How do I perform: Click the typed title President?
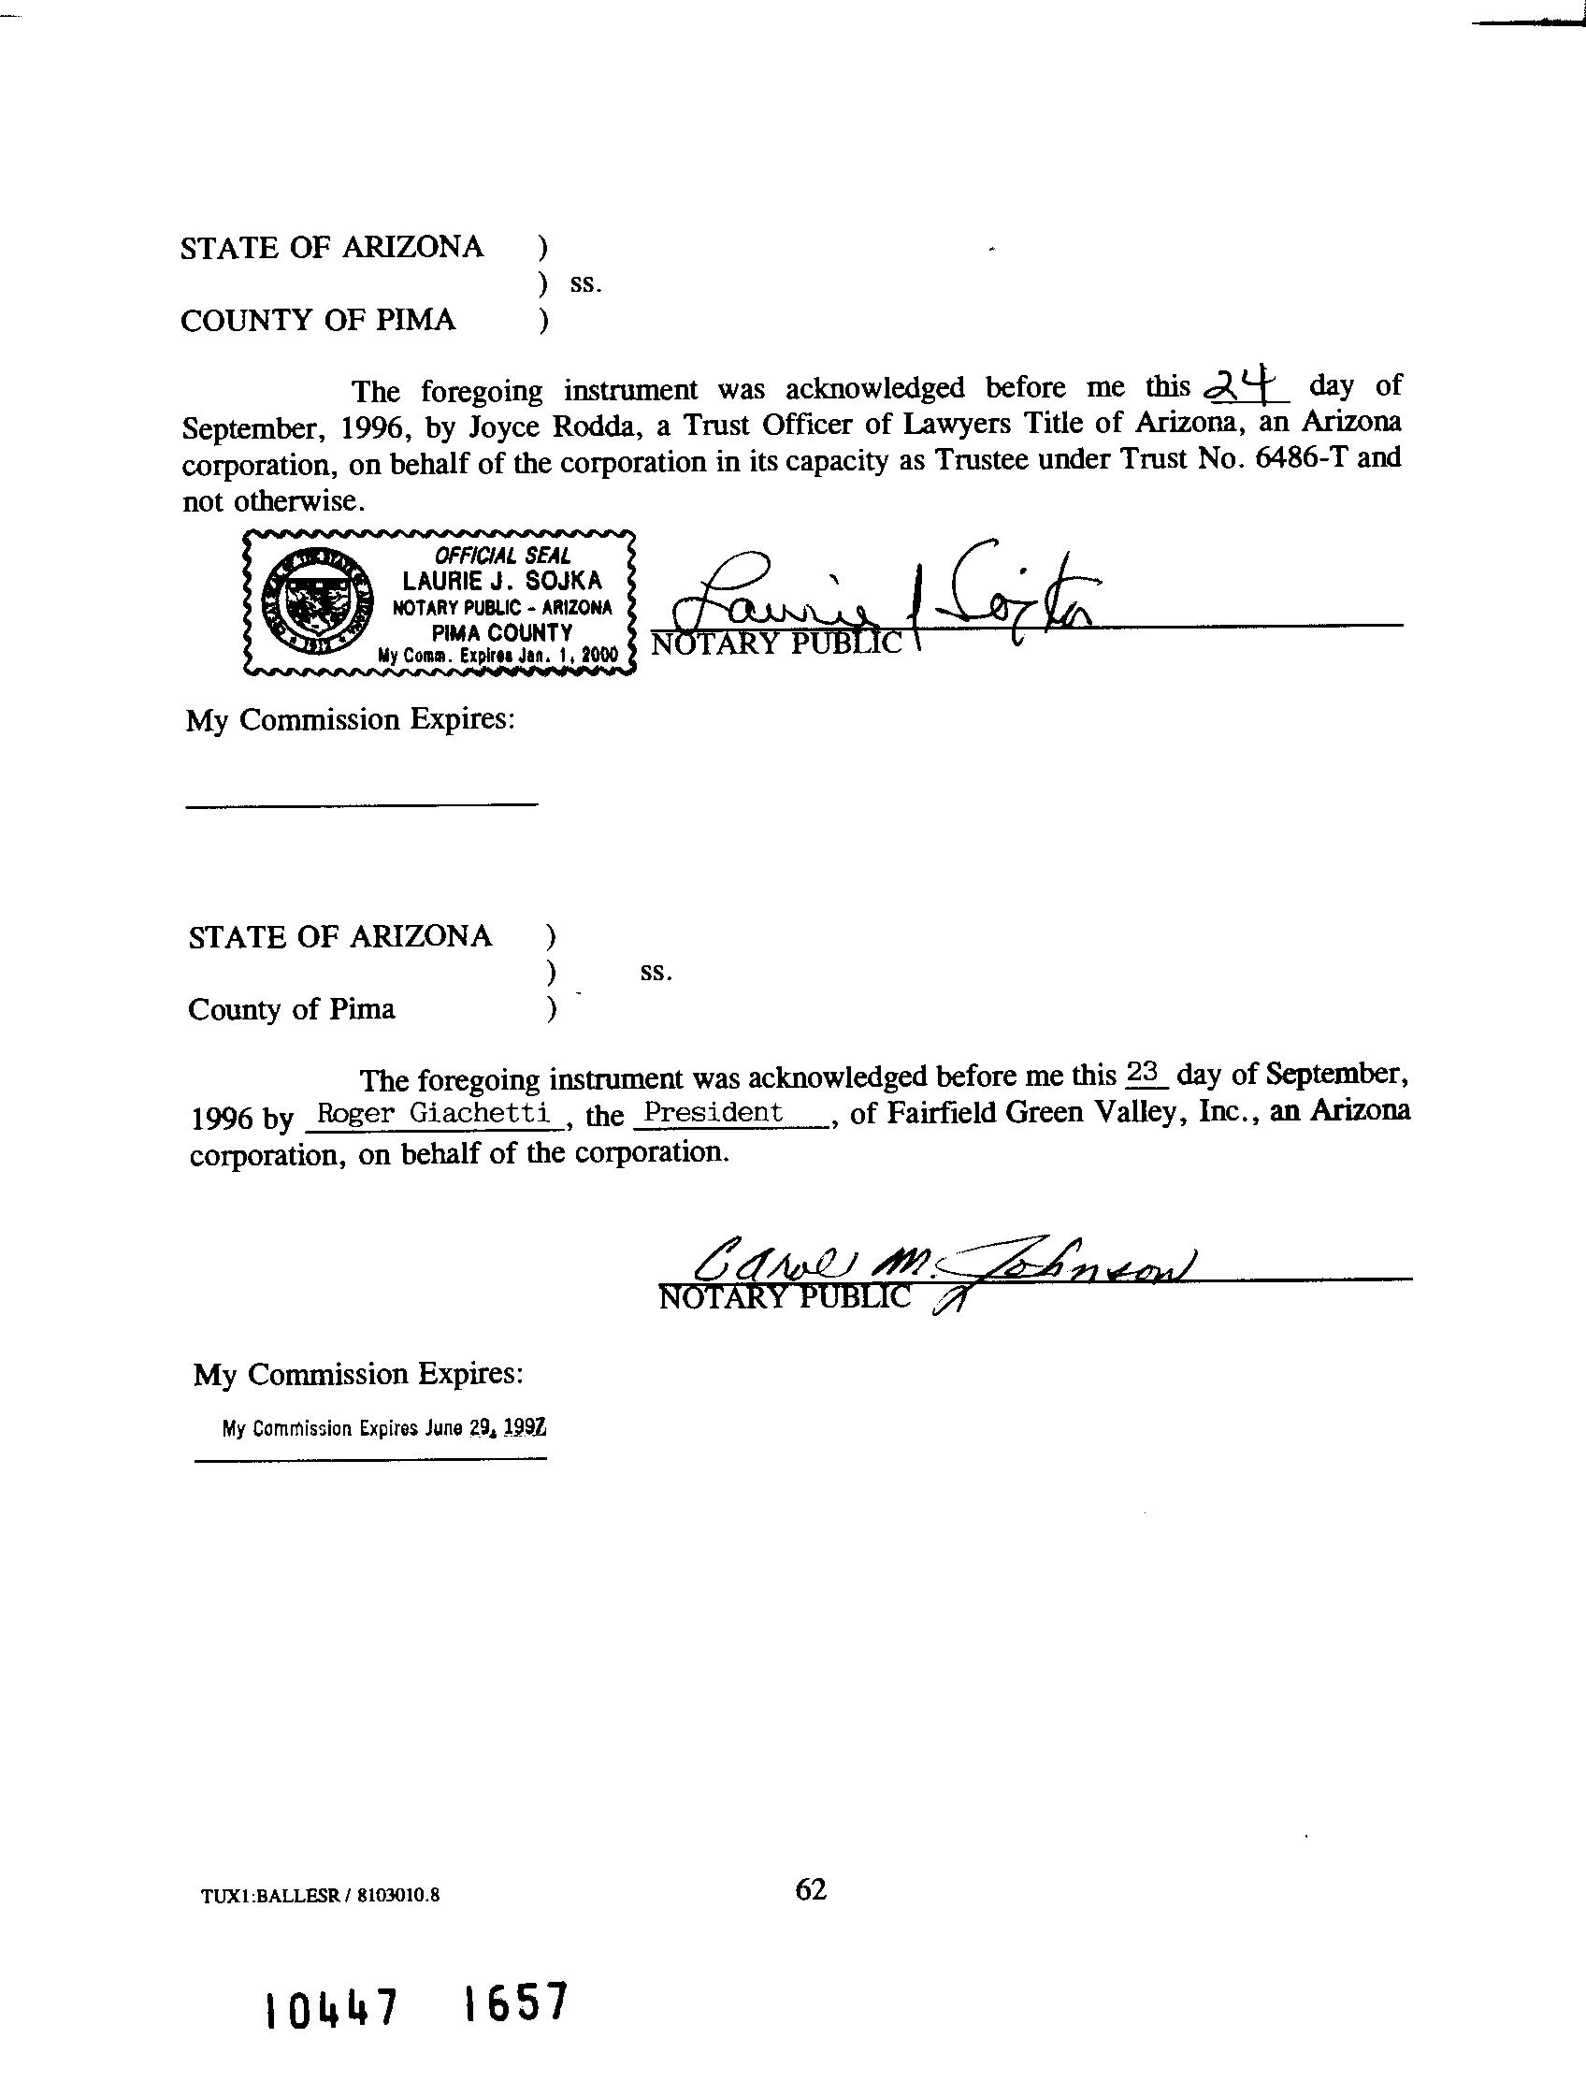(714, 1111)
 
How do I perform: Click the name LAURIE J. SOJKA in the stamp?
(502, 580)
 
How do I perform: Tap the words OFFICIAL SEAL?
(502, 556)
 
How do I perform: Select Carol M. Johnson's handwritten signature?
(938, 1261)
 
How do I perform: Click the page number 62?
(811, 1889)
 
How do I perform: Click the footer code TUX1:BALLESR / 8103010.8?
(320, 1895)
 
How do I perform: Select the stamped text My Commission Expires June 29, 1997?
(383, 1428)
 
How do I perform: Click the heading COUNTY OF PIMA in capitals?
(318, 320)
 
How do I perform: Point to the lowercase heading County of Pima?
(292, 1009)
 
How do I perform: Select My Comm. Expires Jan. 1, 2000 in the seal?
(497, 655)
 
